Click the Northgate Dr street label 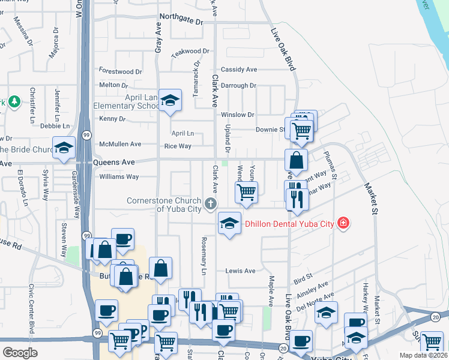tap(180, 20)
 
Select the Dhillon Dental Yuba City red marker tap(343, 223)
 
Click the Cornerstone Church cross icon tap(210, 204)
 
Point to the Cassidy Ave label tap(239, 70)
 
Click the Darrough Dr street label tap(238, 86)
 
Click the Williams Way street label tap(119, 177)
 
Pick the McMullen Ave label tap(120, 144)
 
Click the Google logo tap(20, 353)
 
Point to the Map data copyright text tap(423, 355)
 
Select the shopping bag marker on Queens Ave tap(296, 161)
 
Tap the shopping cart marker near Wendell tap(246, 192)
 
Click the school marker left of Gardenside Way tap(63, 149)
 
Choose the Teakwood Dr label tap(190, 52)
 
